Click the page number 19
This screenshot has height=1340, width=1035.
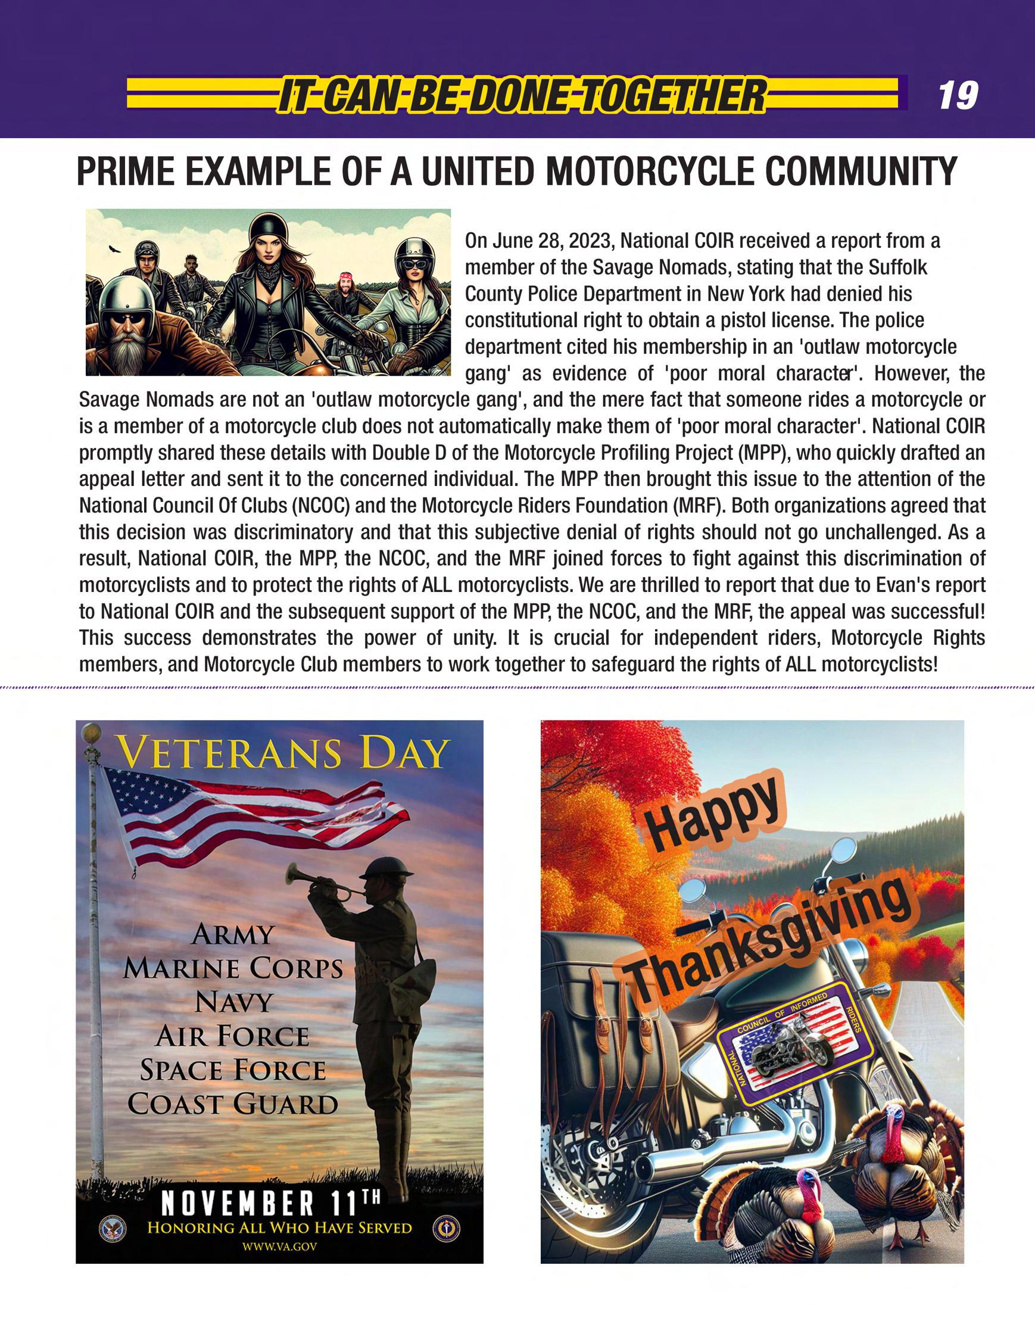coord(958,96)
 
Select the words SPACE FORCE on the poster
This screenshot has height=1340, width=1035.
coord(233,1070)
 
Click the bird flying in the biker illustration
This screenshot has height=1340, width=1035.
coord(113,249)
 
